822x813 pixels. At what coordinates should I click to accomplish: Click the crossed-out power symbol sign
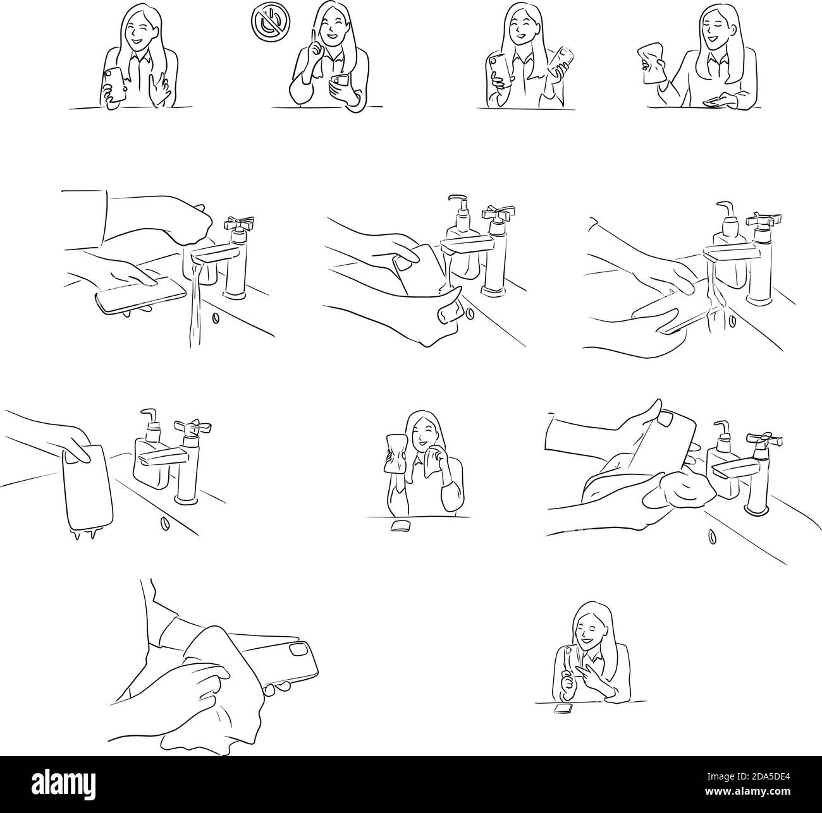pos(271,21)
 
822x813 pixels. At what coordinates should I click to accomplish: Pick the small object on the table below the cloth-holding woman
pos(400,526)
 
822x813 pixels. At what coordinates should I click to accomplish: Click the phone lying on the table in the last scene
pos(563,708)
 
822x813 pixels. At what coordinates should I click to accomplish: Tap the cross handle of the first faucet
pos(240,223)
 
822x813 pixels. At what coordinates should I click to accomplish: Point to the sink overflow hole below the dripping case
pos(163,523)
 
